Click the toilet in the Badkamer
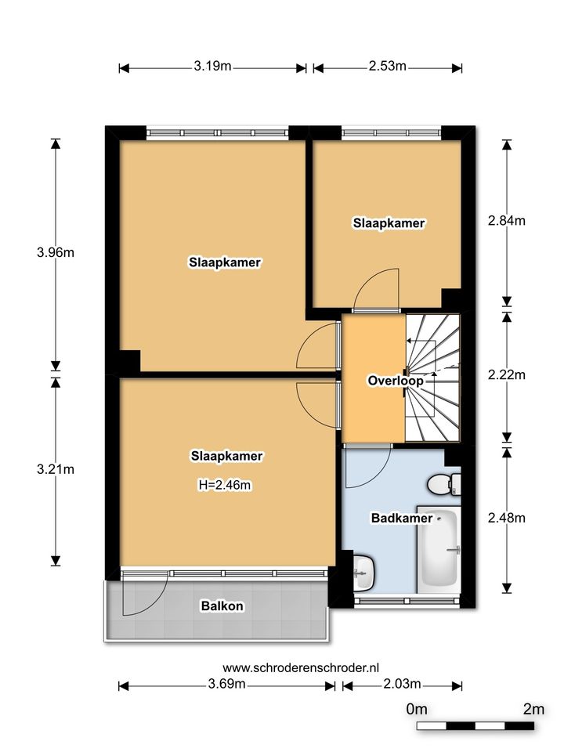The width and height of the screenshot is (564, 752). tap(444, 484)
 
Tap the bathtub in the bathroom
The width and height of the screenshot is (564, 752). tap(439, 549)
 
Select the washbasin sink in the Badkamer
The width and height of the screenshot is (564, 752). tap(363, 572)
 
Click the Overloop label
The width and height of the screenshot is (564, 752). tap(395, 381)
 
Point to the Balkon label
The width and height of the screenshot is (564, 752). tap(222, 606)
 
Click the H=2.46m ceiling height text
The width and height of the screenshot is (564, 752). tap(225, 486)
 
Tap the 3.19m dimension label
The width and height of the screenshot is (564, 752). tap(212, 66)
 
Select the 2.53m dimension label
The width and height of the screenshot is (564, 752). tap(388, 66)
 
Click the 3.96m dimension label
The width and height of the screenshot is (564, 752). tap(56, 252)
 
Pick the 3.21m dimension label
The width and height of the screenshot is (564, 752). tap(56, 469)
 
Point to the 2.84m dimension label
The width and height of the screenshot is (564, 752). tap(507, 221)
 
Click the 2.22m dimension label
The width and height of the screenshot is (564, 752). tap(507, 374)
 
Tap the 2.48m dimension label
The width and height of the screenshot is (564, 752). tap(507, 518)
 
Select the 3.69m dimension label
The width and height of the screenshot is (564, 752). tap(226, 684)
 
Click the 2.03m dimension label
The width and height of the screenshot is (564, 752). tap(402, 684)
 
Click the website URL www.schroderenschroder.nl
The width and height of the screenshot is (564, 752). tap(301, 667)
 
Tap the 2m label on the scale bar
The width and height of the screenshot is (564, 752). tap(533, 709)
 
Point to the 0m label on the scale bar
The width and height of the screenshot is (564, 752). tap(416, 709)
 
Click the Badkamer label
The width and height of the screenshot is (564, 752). tap(402, 518)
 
